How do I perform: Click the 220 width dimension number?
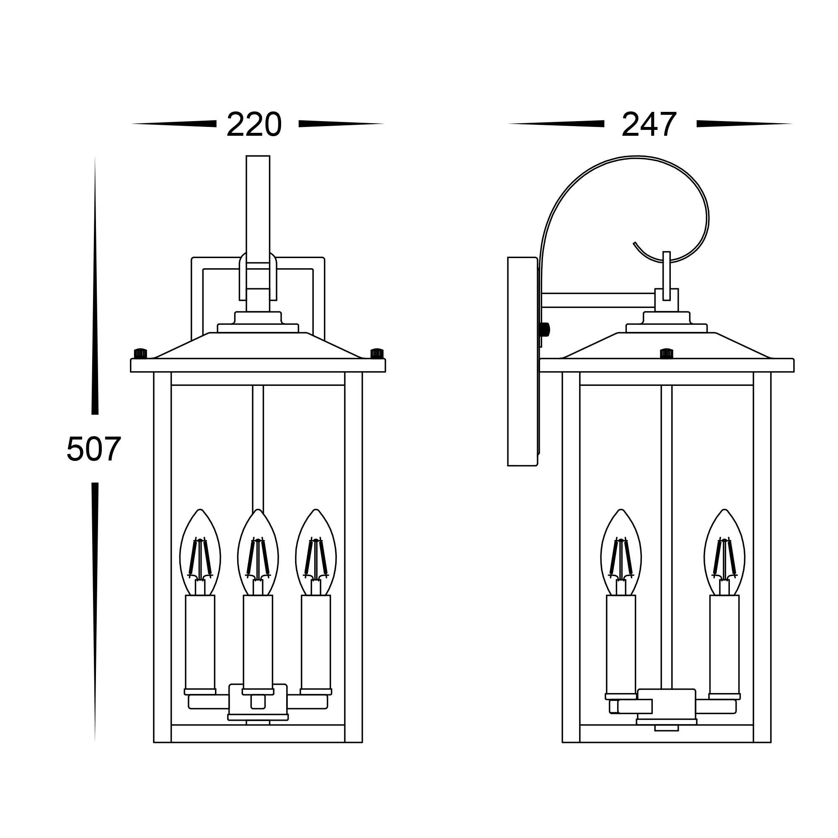(254, 125)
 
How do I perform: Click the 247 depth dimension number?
(649, 125)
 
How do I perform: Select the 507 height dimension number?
(94, 448)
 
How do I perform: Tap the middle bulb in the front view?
(258, 552)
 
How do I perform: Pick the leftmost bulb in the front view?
(200, 552)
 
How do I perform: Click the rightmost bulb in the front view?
(316, 552)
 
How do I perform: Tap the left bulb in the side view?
(621, 552)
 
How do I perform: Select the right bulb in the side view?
(724, 552)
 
